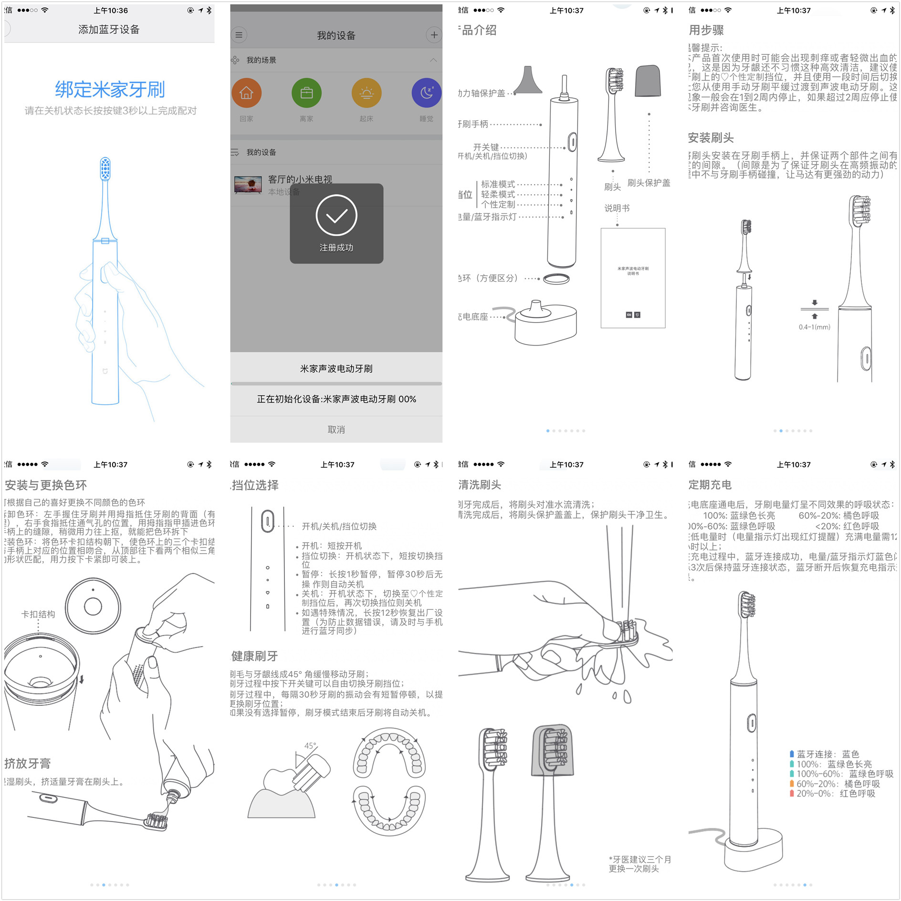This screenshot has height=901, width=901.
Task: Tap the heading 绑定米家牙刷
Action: (x=110, y=89)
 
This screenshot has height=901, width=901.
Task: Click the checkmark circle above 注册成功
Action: (x=336, y=215)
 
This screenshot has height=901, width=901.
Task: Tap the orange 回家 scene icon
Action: (x=246, y=93)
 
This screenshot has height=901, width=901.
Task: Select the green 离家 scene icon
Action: (x=306, y=93)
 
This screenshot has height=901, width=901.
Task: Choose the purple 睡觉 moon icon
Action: (x=426, y=93)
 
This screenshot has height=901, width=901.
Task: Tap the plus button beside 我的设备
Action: (x=433, y=35)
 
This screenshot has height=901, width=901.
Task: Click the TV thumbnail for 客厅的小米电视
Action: (x=248, y=185)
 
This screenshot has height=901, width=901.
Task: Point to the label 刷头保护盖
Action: (x=649, y=183)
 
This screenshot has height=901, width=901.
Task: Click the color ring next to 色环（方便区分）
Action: (x=556, y=279)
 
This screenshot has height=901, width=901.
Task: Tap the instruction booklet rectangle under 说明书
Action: (x=633, y=278)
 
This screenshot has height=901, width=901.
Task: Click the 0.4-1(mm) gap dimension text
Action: (x=815, y=327)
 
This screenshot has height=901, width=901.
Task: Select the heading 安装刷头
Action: (x=711, y=138)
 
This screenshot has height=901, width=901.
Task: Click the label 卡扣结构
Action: (x=38, y=614)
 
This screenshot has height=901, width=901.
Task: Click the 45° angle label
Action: (x=310, y=746)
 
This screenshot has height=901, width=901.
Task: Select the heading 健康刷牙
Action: (x=254, y=656)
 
